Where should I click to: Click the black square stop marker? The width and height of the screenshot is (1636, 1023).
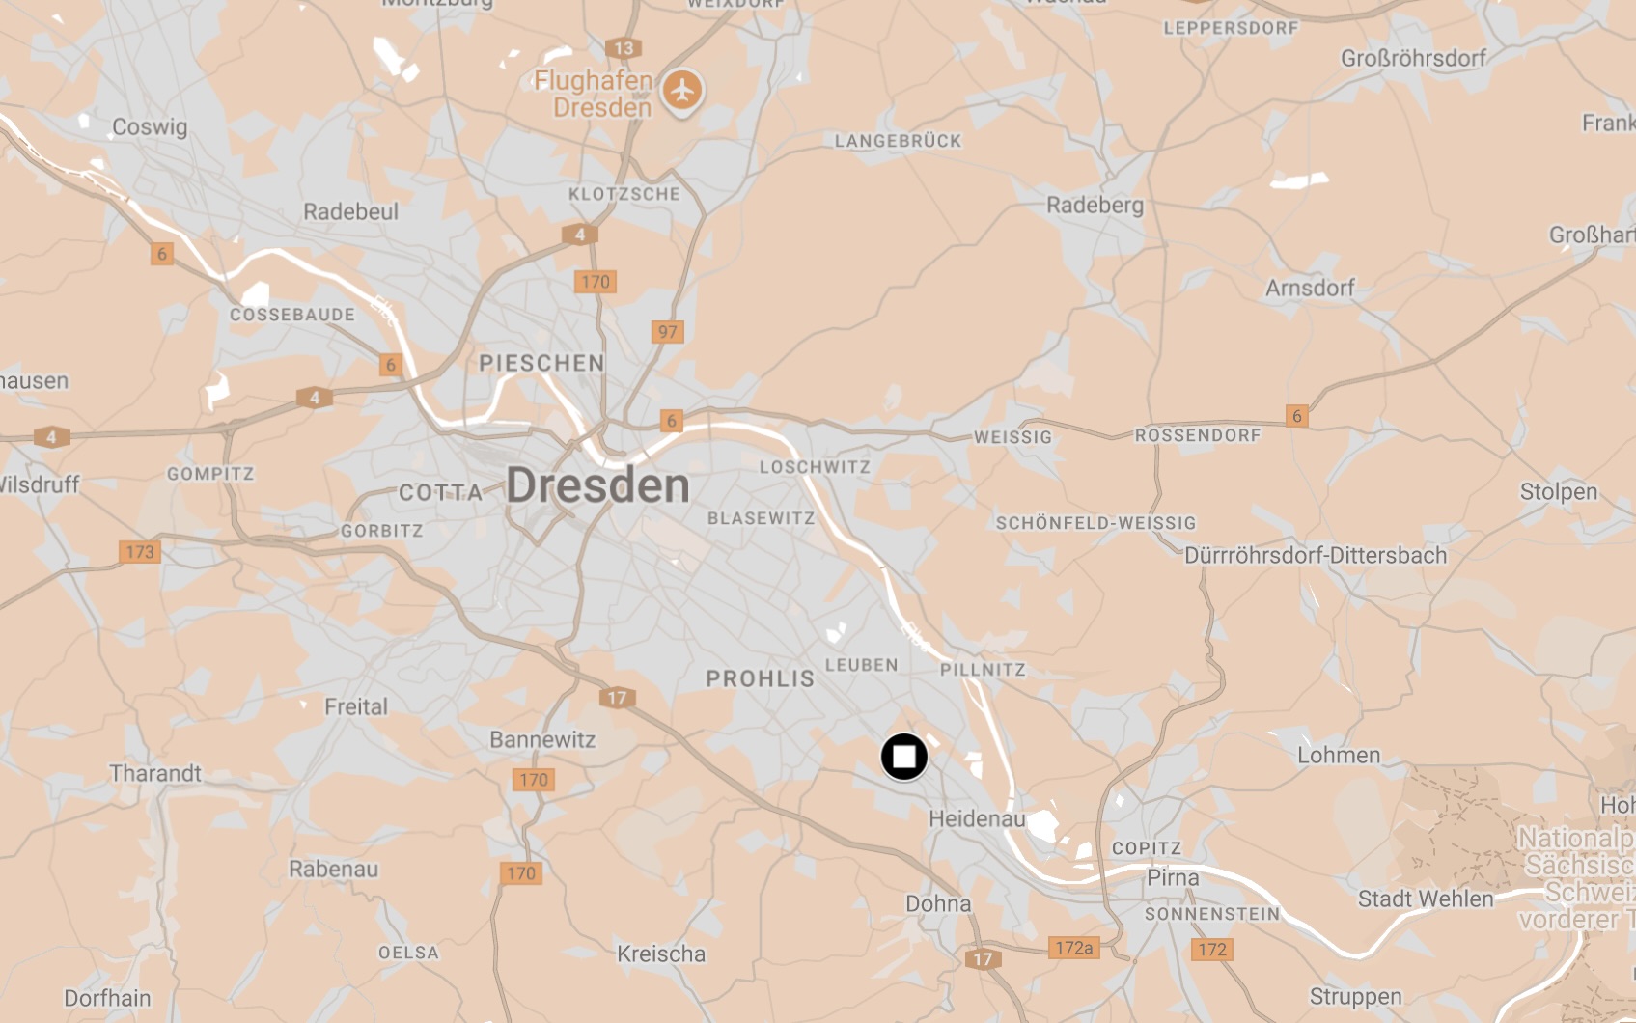[x=903, y=757]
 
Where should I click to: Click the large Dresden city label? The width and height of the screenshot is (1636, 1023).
[x=597, y=484]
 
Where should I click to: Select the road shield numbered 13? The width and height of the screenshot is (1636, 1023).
[x=624, y=48]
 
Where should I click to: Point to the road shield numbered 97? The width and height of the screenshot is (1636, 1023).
[x=667, y=332]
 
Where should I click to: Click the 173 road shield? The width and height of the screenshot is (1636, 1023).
[x=140, y=552]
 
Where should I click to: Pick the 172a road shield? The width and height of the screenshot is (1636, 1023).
[x=1073, y=948]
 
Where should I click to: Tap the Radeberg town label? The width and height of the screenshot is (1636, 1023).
[x=1095, y=205]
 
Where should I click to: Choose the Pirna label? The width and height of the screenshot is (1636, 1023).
[x=1173, y=878]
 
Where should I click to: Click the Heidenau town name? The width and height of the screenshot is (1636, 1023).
[x=977, y=819]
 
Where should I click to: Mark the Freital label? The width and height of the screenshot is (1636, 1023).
[x=355, y=706]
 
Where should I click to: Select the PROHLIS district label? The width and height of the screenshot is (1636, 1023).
[x=761, y=678]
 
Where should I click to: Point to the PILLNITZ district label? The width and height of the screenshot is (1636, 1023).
[x=983, y=670]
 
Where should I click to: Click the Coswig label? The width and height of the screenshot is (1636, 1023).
[x=150, y=126]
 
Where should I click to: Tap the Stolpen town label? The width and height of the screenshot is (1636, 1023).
[x=1558, y=491]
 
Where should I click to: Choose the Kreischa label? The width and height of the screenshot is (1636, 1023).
[x=661, y=954]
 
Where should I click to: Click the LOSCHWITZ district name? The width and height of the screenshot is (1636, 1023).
[x=815, y=467]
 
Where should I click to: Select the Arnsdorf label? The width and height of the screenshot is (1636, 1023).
[x=1310, y=288]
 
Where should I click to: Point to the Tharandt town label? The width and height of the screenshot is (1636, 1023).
[x=155, y=773]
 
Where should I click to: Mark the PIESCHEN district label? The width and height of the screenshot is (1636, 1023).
[x=541, y=363]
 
